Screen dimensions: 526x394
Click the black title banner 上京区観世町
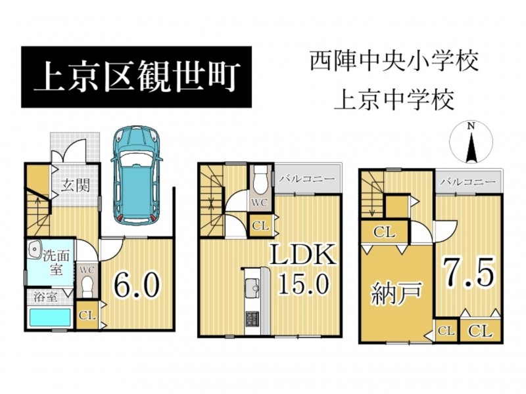136,77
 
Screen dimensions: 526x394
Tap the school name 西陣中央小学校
394,61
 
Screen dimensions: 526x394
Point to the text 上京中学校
394,100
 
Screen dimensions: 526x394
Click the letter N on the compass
471,126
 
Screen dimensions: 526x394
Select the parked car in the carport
137,175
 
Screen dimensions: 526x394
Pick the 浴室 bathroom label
46,297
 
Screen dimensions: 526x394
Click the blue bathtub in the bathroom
50,318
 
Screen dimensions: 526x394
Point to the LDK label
303,255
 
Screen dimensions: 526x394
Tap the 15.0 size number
303,282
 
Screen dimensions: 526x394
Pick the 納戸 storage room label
396,294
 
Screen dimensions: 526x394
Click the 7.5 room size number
469,271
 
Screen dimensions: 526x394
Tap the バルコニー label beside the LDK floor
307,179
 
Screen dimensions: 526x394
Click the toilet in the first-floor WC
87,286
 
